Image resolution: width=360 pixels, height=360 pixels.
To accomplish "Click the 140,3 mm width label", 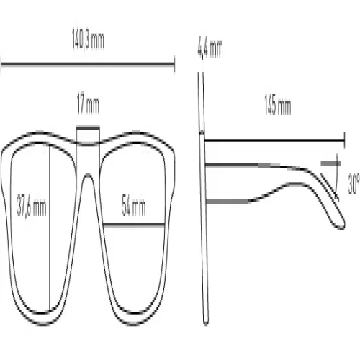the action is point(88,40).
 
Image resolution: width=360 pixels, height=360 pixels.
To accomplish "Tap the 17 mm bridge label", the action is point(88,104).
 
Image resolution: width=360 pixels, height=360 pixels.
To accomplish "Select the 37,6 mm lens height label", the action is point(32,206).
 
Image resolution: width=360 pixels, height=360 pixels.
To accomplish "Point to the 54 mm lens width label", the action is point(134,205).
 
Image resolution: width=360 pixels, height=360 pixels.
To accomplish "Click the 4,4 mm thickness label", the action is point(210,49).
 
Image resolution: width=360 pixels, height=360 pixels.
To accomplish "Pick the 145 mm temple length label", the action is point(278,105).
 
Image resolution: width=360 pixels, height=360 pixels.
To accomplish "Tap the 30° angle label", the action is point(354,184).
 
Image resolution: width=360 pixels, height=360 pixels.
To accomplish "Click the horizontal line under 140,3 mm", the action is point(88,64).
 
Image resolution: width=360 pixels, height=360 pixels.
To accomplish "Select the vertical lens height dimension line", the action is point(50,228).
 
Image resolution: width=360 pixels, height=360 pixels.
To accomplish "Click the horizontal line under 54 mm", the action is point(134,225).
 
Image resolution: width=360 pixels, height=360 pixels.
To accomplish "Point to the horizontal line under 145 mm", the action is point(274,140).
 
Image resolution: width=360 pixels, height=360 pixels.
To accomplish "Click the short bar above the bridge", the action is point(88,127).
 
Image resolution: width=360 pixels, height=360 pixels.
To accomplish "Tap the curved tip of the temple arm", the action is point(341,225).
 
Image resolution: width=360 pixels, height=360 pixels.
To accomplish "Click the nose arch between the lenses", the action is point(88,174).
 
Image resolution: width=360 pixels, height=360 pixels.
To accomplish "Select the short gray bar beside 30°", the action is point(330,163).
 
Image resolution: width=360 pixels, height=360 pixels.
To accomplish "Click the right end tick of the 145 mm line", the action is point(345,140).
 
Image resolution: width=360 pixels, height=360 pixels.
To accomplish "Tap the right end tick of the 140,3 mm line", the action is point(174,64).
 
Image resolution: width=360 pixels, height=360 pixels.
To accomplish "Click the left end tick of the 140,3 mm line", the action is point(1,64).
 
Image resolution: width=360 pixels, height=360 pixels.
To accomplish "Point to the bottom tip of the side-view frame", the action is point(206,323).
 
